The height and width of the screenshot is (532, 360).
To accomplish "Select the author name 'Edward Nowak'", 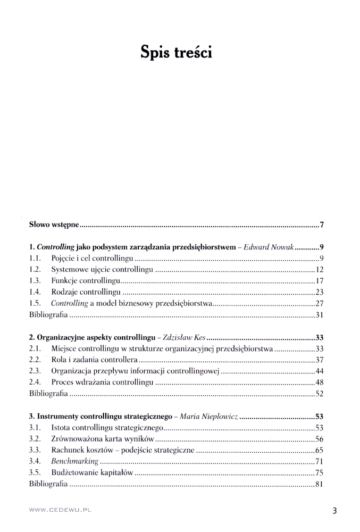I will tap(269, 247).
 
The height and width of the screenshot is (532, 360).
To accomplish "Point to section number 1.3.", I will tap(35, 281).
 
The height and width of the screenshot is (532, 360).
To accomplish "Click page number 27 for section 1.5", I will tap(320, 304).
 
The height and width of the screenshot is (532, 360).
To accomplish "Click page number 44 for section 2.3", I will tap(320, 371).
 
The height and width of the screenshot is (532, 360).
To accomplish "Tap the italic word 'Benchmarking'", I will tap(74, 461).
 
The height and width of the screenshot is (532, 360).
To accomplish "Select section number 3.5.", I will tap(35, 472).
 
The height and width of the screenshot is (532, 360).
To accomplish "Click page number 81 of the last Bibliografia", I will tap(320, 484).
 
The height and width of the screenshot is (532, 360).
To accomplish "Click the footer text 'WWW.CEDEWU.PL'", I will tap(60, 510).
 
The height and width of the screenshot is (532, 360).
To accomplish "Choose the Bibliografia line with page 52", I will tap(48, 394).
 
